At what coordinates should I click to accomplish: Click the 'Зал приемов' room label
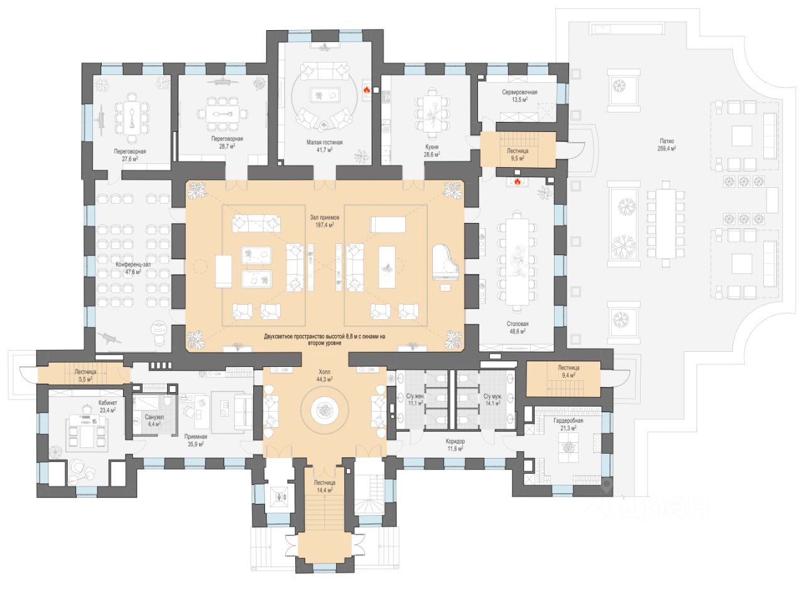pos(322,217)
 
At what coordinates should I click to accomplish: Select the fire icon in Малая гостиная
pos(366,90)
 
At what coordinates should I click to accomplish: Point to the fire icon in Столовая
pos(518,182)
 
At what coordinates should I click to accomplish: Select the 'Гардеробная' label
pos(568,420)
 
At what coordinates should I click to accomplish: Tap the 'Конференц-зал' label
pos(133,265)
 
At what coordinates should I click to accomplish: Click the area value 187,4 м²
pos(322,224)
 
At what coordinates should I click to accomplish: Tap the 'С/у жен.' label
pos(415,396)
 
